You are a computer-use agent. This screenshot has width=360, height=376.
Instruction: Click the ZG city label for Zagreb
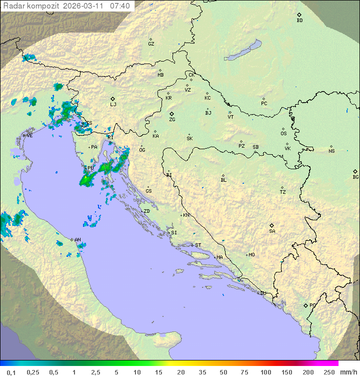pos(172,120)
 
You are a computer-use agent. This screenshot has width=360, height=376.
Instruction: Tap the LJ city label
pos(113,105)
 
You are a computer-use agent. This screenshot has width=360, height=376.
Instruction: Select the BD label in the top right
pos(299,21)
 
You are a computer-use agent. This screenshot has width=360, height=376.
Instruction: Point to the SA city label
pos(272,231)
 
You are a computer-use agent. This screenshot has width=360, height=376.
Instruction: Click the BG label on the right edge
pos(355,177)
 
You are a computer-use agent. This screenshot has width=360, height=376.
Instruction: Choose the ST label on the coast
pos(198,245)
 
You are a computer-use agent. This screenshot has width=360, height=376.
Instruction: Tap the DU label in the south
pos(262,293)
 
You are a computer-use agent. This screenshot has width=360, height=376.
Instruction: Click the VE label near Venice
pos(29,136)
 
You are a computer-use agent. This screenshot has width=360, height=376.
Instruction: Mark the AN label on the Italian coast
pos(77,240)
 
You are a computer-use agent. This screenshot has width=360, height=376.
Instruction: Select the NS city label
pos(331,151)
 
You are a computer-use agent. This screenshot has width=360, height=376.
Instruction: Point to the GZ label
pos(151,44)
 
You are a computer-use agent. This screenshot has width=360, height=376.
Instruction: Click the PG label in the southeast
pos(312,305)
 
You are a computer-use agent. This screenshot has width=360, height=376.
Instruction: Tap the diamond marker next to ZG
pos(171,114)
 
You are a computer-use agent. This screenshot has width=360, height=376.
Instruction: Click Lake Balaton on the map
pos(242,50)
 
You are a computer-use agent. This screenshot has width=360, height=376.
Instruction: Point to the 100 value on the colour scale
pos(266,372)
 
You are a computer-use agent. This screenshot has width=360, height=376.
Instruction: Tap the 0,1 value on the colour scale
pos(11,372)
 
